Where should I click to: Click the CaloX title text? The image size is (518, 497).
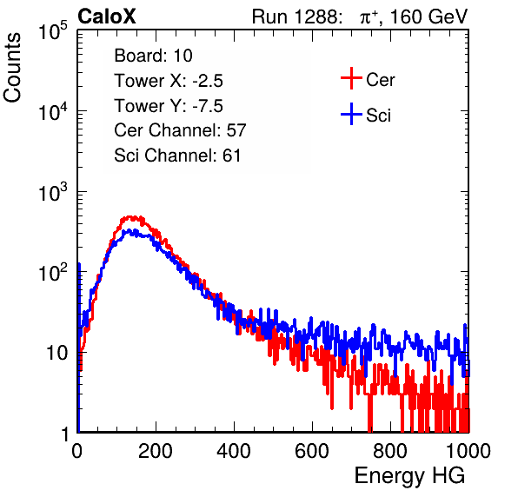tap(107, 17)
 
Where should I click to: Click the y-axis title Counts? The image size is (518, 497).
tap(12, 68)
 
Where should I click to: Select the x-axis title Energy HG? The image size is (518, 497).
tap(409, 476)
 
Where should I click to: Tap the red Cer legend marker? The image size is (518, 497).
tap(351, 78)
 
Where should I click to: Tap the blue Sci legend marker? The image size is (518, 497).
tap(351, 114)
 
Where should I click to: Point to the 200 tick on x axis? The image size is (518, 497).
tap(156, 451)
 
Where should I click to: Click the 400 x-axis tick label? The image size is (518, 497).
tap(234, 451)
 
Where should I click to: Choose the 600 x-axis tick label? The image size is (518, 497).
tap(312, 451)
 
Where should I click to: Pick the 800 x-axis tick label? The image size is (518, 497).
tap(390, 451)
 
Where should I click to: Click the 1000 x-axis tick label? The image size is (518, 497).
tap(468, 451)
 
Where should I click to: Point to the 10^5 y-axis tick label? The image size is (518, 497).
tap(53, 31)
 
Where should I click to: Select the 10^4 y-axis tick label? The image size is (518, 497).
tap(53, 111)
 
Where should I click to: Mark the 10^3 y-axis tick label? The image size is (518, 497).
tap(53, 192)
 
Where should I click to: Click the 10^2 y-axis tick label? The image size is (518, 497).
tap(53, 273)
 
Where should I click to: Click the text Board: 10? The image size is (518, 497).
tap(153, 56)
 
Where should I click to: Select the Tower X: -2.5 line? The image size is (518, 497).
tap(169, 81)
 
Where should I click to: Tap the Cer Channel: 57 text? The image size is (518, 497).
tap(180, 130)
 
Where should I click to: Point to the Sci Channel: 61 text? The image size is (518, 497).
tap(177, 156)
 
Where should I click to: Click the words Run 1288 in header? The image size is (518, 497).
tap(295, 17)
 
